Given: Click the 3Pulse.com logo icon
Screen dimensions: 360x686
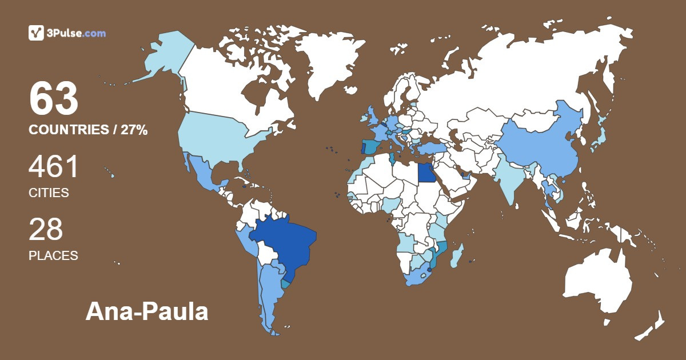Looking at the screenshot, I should pyautogui.click(x=36, y=33).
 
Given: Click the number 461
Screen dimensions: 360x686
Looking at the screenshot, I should pyautogui.click(x=54, y=167).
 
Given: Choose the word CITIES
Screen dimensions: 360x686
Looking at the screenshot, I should pyautogui.click(x=49, y=193).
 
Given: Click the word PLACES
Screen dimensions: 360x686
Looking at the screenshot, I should pyautogui.click(x=53, y=255).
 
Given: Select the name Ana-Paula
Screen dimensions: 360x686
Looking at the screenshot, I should pyautogui.click(x=147, y=312).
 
